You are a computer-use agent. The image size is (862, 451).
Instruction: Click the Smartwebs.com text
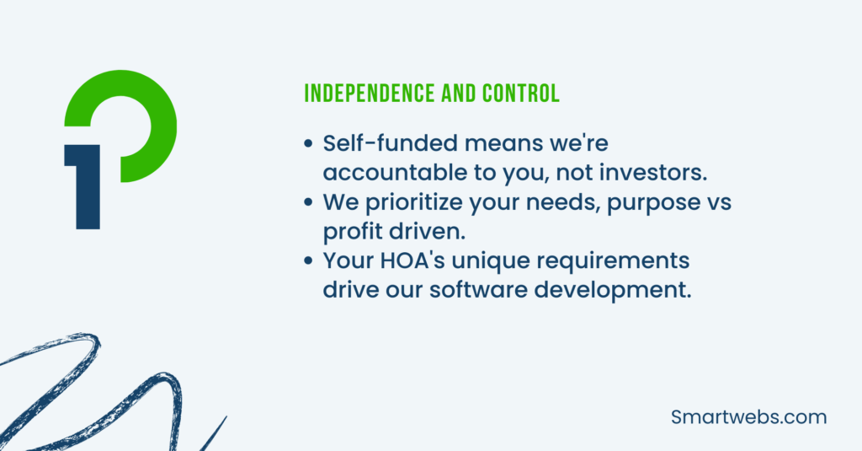(749, 417)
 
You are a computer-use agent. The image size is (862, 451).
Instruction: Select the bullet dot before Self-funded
(309, 144)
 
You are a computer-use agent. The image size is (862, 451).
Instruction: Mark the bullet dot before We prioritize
(309, 202)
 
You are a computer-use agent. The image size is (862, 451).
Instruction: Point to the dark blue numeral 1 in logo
(87, 190)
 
